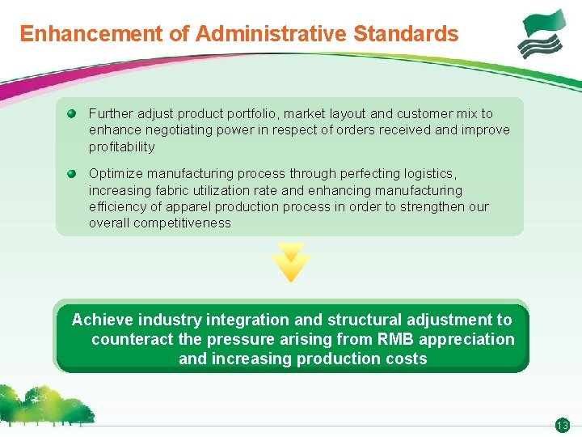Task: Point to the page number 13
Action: coord(563,426)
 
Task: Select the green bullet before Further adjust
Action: coord(72,113)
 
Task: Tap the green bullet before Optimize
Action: coord(72,173)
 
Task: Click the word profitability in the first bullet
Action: coord(121,146)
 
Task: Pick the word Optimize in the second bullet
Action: coord(116,173)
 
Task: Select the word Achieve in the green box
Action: coord(103,320)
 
